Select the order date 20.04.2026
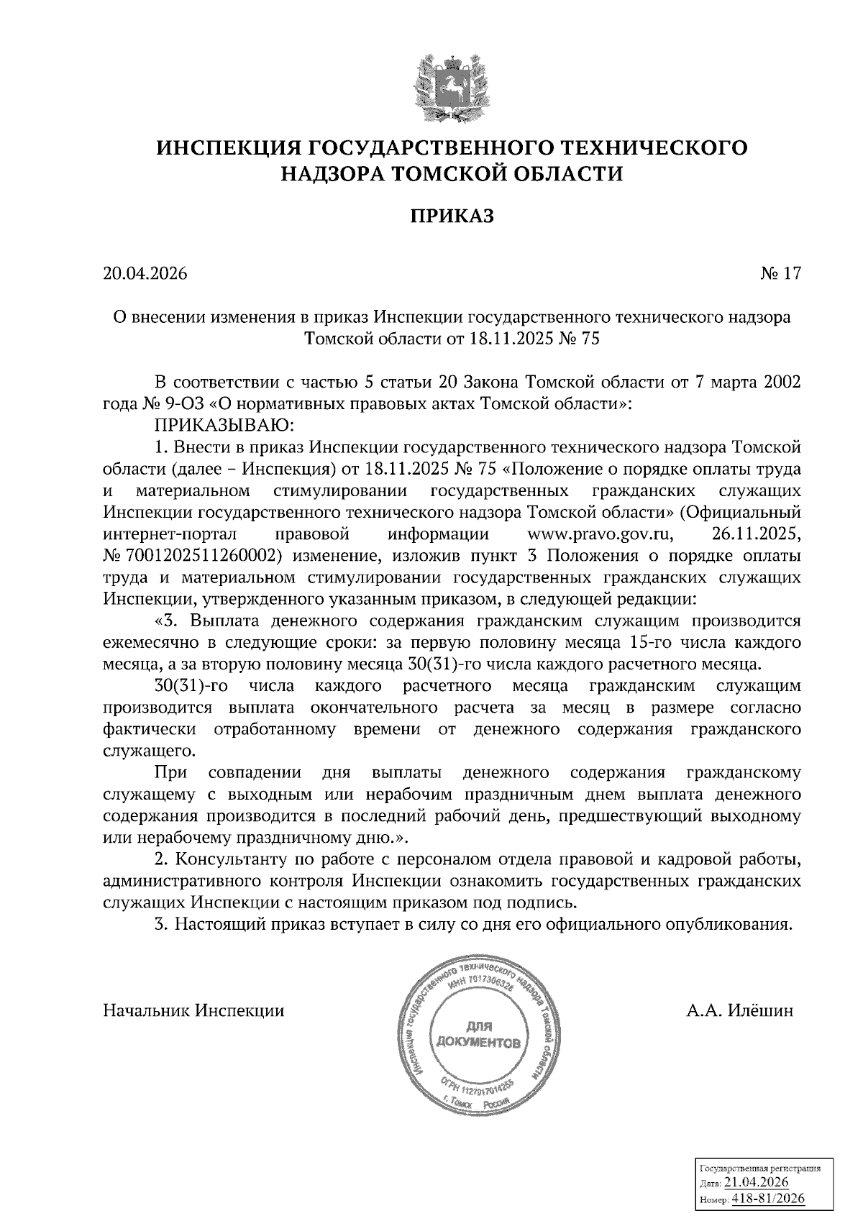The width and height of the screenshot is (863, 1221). pos(145,274)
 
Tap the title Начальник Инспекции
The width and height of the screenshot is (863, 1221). pos(193,1011)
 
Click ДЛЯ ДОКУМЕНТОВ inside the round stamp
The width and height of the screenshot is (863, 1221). pos(477,1035)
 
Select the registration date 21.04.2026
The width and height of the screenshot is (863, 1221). pos(756,1183)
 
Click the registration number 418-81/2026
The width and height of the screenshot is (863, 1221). pos(768,1199)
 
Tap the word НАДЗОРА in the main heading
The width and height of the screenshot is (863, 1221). pos(328,173)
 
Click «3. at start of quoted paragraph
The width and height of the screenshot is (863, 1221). pos(166,621)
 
